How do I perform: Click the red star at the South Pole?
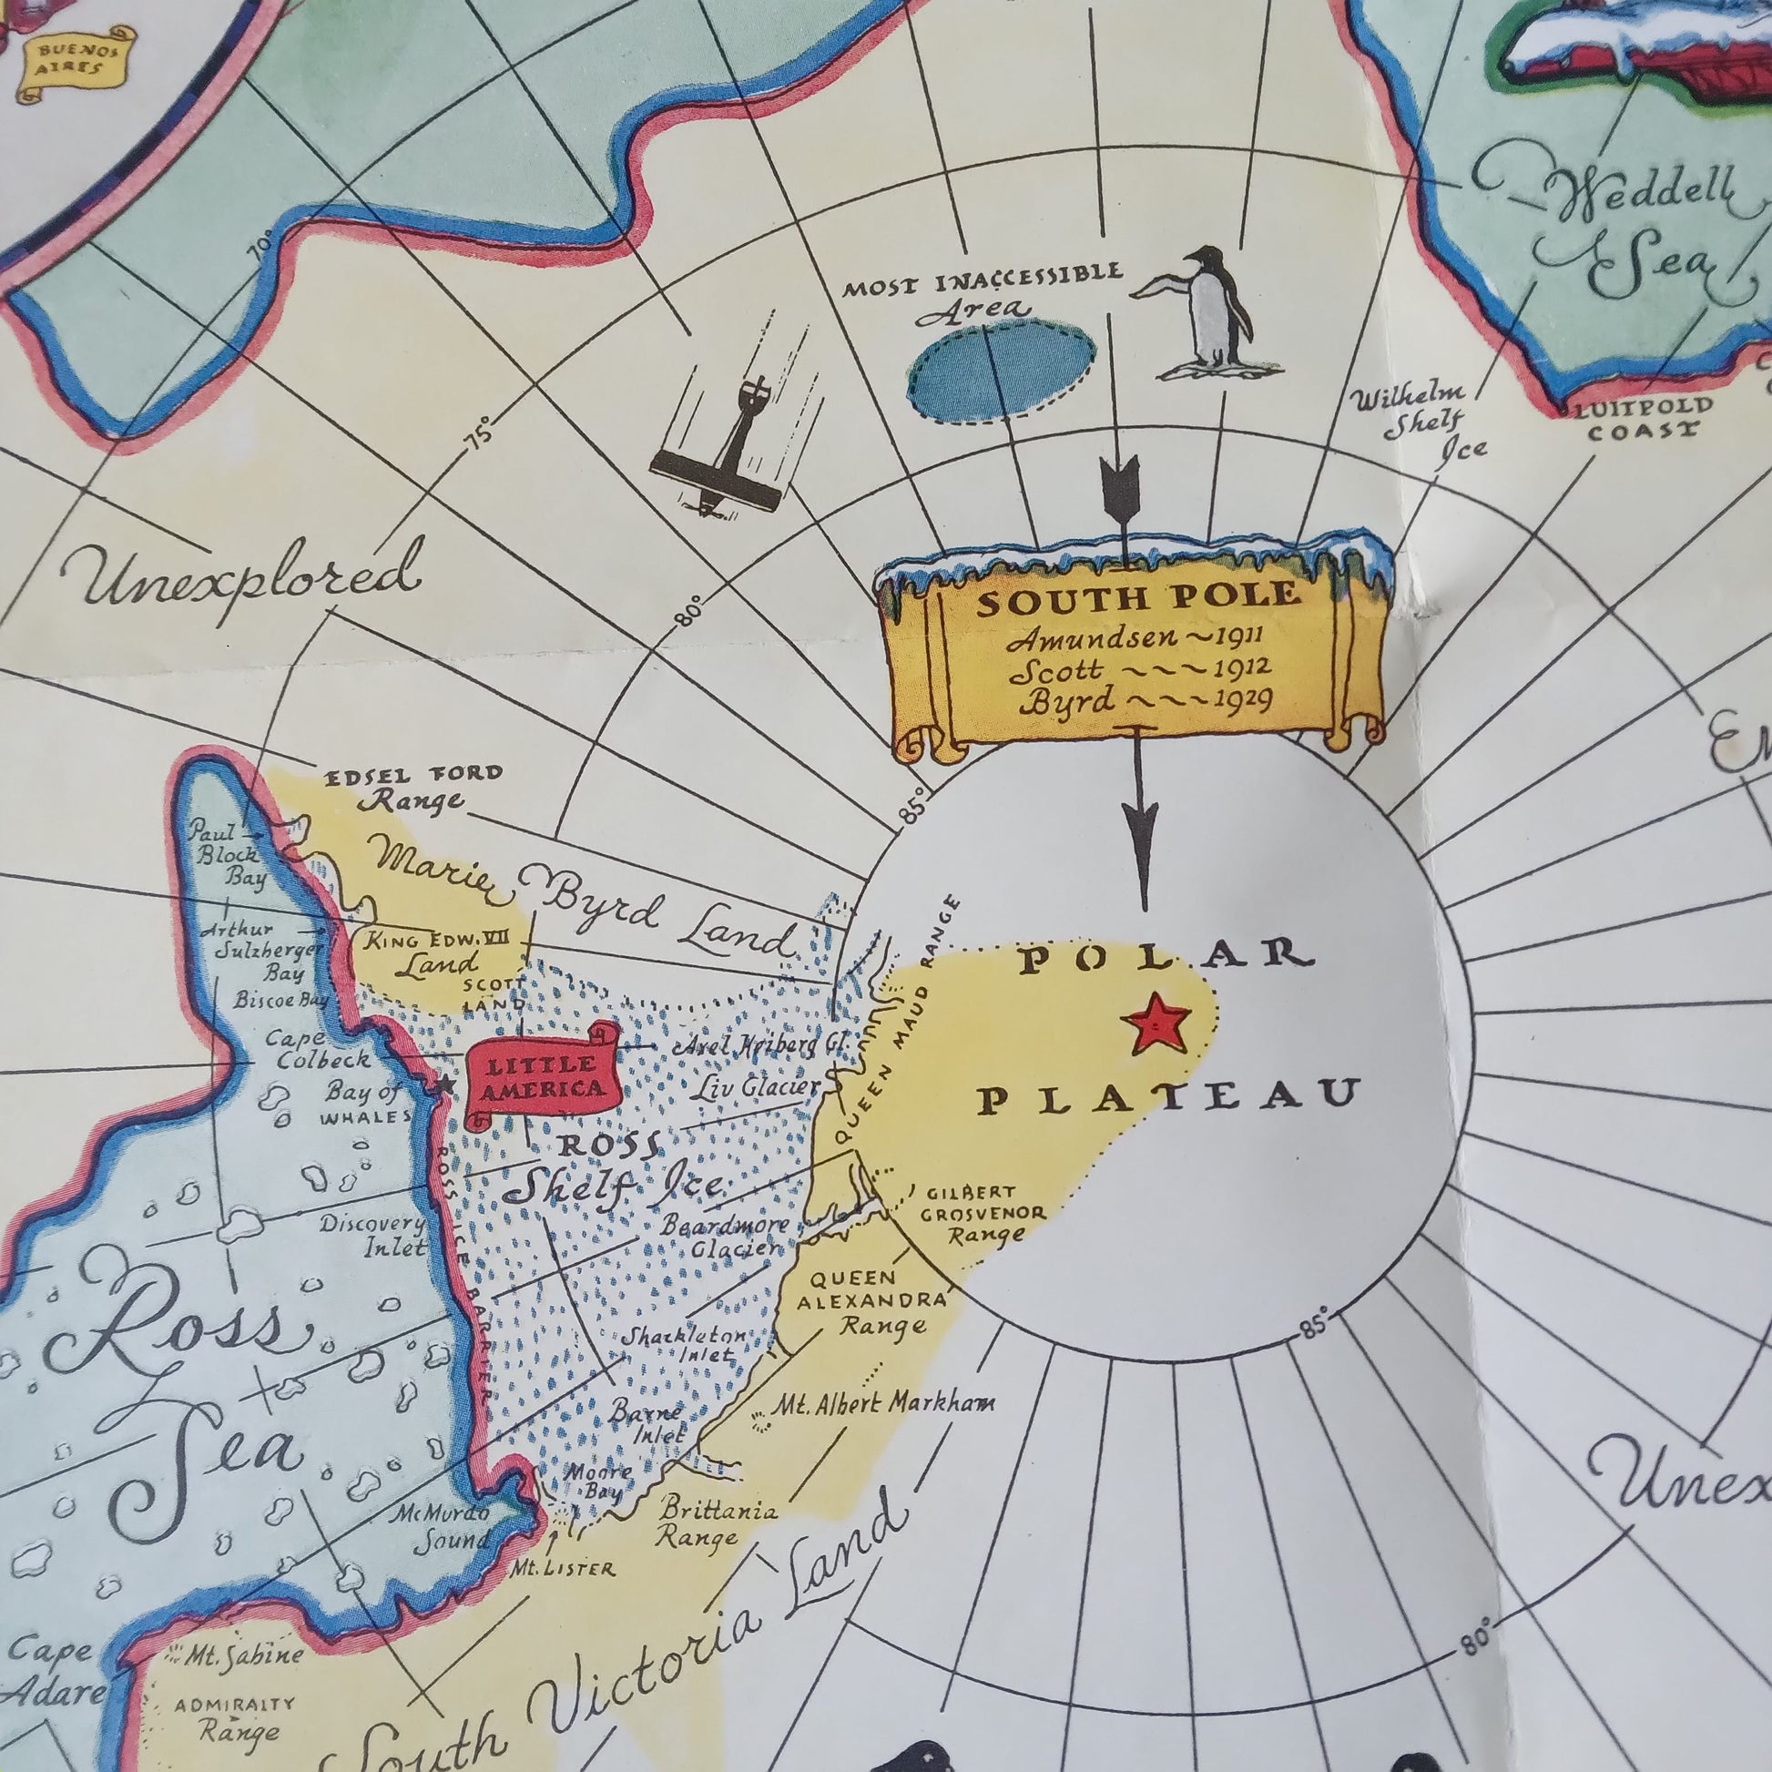pyautogui.click(x=1158, y=1023)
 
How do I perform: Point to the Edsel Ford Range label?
pyautogui.click(x=414, y=787)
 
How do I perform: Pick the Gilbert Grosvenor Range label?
pyautogui.click(x=983, y=1214)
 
